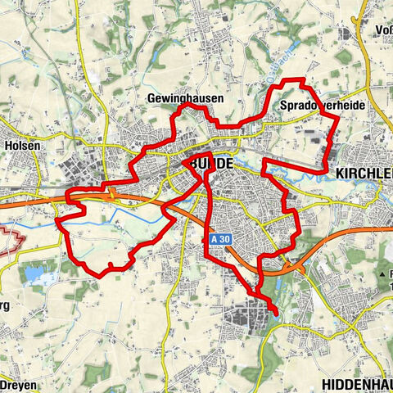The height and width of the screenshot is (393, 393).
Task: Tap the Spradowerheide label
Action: (x=322, y=106)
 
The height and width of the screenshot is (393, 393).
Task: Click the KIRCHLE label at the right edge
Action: (x=364, y=174)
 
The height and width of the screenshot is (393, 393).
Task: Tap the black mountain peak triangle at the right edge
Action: (x=382, y=273)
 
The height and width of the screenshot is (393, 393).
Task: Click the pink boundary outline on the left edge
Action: (x=10, y=239)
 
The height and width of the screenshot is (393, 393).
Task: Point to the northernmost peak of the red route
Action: (x=300, y=79)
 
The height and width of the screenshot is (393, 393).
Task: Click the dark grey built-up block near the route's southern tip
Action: (x=251, y=313)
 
